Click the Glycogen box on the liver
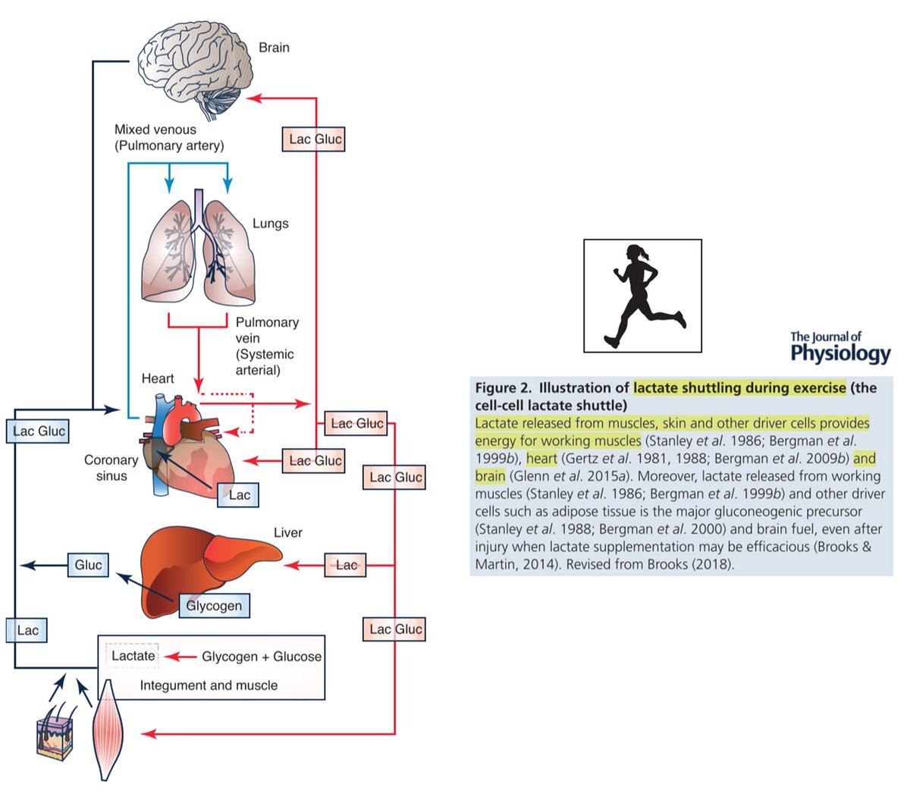click(214, 606)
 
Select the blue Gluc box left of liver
click(88, 565)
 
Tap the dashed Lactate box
click(133, 656)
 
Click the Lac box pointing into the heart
click(239, 495)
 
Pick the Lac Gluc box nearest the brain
click(315, 140)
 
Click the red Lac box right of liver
click(346, 565)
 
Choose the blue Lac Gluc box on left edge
click(39, 431)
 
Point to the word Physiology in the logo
click(840, 353)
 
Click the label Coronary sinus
click(111, 468)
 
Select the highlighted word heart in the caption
click(541, 459)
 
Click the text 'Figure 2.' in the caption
click(504, 388)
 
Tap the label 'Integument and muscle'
click(209, 685)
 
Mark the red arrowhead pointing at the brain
click(256, 97)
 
